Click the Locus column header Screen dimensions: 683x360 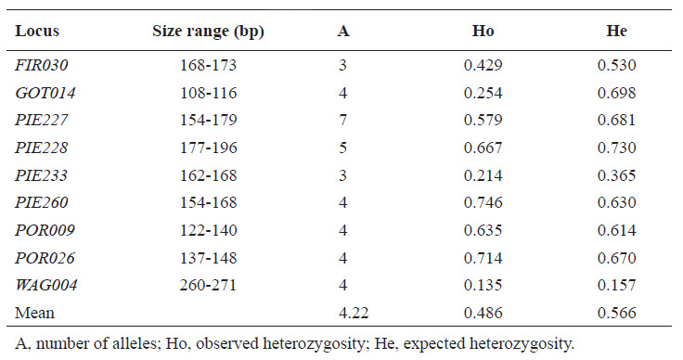click(37, 31)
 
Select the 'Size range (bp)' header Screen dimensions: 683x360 click(208, 32)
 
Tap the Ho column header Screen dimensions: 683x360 click(483, 31)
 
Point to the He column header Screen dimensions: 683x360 click(617, 31)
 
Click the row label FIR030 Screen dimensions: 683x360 click(42, 65)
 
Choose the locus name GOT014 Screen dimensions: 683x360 click(45, 93)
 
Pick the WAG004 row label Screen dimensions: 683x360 click(46, 285)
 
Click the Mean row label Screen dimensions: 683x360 click(35, 313)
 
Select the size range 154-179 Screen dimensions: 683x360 click(208, 120)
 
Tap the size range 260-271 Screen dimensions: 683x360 click(208, 285)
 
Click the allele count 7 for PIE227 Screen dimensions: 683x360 click(342, 120)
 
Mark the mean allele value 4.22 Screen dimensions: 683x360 click(354, 313)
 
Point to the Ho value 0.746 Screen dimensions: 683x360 click(483, 202)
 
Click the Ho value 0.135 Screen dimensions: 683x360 click(483, 285)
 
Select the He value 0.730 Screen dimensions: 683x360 click(617, 148)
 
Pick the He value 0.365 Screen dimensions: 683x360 click(617, 175)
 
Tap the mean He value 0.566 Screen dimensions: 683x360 click(617, 313)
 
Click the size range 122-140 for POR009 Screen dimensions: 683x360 click(208, 230)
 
